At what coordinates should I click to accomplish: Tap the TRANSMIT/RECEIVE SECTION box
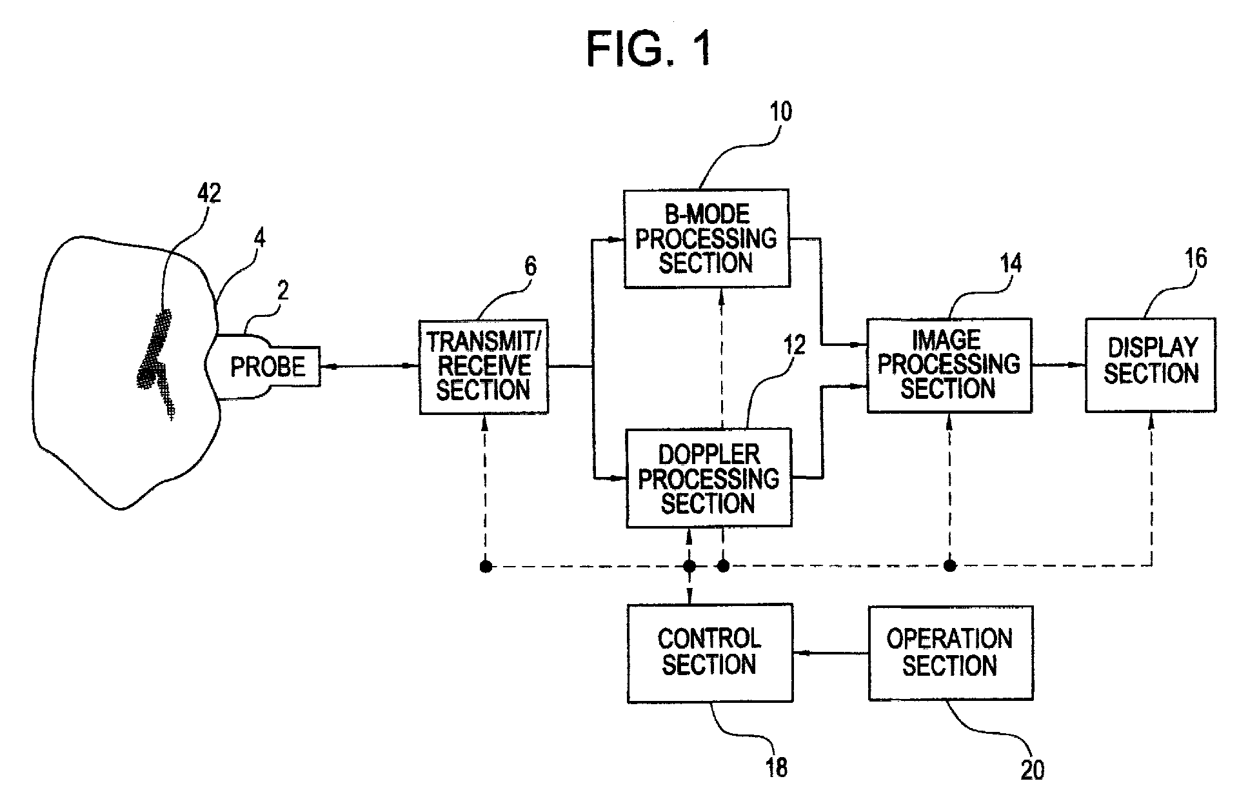pos(484,366)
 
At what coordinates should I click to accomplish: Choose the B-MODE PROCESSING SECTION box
pos(707,238)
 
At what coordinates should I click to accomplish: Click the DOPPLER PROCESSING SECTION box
pos(709,478)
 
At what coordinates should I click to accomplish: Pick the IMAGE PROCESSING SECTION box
pos(949,365)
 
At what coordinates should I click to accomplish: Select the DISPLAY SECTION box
pos(1151,365)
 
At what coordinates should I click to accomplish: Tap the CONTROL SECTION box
pos(710,653)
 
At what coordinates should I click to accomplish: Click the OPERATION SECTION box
pos(950,653)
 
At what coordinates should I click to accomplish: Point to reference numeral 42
pos(208,193)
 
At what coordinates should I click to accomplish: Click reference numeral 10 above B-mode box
pos(780,112)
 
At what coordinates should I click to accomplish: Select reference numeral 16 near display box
pos(1195,258)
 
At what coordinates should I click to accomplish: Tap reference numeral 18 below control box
pos(776,767)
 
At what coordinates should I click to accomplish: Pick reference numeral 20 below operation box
pos(1032,771)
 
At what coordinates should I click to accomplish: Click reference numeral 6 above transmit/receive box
pos(530,266)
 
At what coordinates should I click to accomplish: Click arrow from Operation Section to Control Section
pos(831,653)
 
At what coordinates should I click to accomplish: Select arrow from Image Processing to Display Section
pos(1058,365)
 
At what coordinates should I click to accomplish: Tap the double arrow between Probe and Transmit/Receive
pos(370,367)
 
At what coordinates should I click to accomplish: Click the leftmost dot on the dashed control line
pos(486,567)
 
